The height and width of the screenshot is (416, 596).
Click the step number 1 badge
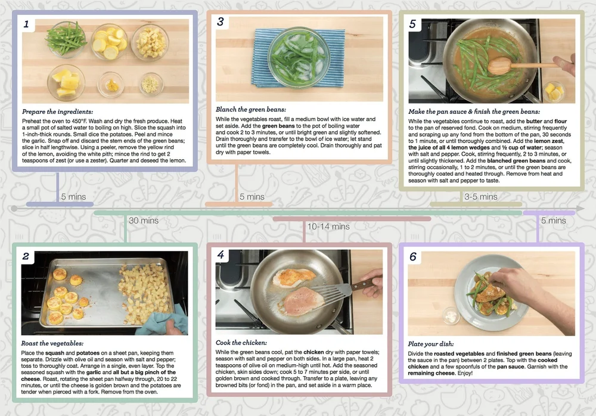coord(27,24)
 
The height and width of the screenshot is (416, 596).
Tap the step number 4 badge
coord(221,254)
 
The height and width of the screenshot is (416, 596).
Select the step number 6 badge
coord(413,257)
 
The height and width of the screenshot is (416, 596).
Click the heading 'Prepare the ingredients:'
coord(57,112)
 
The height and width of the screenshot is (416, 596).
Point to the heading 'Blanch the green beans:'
coord(251,110)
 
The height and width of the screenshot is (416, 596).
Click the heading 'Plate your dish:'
coord(431,344)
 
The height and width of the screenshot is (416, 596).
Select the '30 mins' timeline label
coord(144,221)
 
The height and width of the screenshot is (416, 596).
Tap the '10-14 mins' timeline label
coord(328,226)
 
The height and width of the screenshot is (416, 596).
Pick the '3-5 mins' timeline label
coord(481,197)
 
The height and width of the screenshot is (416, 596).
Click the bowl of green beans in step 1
coord(67,39)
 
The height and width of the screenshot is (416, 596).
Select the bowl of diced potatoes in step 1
coord(151,42)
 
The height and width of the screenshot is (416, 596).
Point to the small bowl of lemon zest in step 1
coord(111,85)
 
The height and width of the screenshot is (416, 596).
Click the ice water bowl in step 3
coord(299,57)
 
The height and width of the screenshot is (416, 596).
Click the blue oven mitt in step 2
coord(163,321)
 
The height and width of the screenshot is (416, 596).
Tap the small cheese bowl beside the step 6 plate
coord(452,316)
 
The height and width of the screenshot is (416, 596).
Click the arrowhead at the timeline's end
coord(580,209)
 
